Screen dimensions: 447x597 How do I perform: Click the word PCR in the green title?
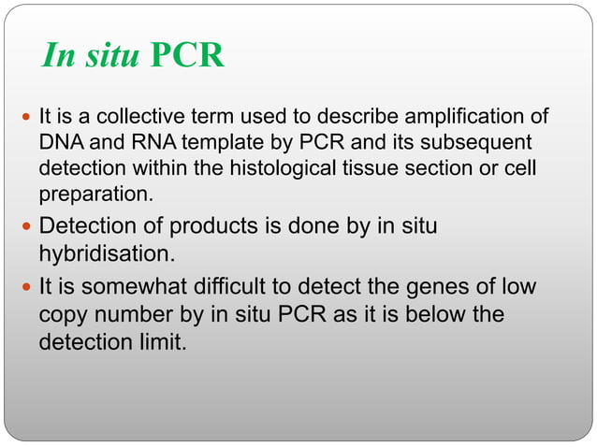(187, 56)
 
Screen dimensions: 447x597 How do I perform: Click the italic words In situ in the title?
(90, 56)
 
